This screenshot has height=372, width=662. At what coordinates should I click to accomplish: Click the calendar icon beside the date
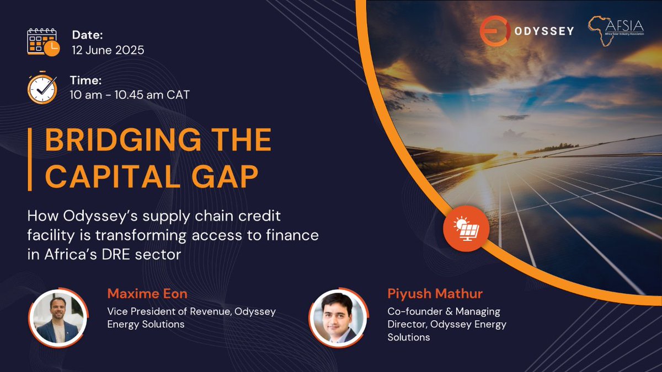click(x=42, y=41)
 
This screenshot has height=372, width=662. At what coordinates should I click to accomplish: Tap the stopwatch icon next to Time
click(x=42, y=88)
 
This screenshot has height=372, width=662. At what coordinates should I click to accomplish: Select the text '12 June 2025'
click(x=108, y=50)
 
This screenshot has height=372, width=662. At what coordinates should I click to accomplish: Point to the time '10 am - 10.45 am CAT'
click(x=130, y=95)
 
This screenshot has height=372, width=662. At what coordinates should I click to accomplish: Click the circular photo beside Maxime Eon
click(x=57, y=317)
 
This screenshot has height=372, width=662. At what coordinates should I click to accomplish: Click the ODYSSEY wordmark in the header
click(x=543, y=31)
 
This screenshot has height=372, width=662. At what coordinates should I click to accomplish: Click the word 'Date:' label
click(x=88, y=35)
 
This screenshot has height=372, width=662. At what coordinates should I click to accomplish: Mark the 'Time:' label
click(x=86, y=80)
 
